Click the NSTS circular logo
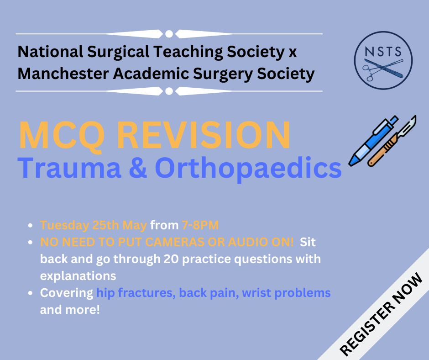383,60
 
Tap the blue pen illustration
373,141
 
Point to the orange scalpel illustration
392,141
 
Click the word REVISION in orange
204,135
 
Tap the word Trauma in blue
69,168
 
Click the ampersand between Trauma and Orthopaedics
138,168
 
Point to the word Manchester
63,74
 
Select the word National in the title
50,52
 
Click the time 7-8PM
200,225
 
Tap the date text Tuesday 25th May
94,226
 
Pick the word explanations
78,276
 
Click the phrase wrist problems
286,293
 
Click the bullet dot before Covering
31,293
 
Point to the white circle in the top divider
169,34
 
